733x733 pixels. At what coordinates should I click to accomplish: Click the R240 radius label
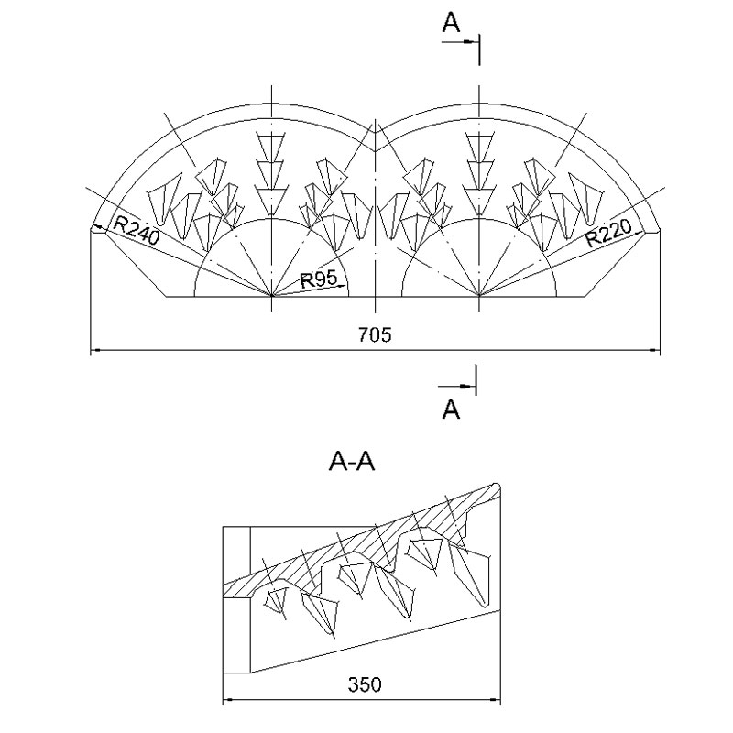(x=137, y=231)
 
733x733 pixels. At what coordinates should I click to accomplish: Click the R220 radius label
(x=608, y=233)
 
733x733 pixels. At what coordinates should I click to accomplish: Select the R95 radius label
(x=318, y=279)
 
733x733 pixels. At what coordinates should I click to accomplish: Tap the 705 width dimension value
(x=375, y=334)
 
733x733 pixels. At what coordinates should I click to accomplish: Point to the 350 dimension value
(x=365, y=684)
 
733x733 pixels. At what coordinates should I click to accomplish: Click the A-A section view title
(x=352, y=462)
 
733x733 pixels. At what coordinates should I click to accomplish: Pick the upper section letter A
(x=451, y=22)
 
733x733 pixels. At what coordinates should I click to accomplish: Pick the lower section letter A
(x=451, y=409)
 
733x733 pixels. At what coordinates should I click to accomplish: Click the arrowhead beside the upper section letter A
(x=469, y=42)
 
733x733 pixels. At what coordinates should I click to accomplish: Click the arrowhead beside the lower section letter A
(x=466, y=386)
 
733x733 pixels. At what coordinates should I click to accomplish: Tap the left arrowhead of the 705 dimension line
(x=96, y=349)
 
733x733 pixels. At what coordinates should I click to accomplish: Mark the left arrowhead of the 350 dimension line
(x=228, y=700)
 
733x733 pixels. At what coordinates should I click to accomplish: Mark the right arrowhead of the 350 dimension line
(x=495, y=700)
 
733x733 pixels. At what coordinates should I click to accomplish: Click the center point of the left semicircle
(x=272, y=296)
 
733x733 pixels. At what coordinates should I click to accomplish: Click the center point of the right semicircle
(x=479, y=296)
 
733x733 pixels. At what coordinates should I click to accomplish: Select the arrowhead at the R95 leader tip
(x=342, y=286)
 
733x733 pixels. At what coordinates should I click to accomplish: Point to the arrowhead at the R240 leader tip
(x=99, y=227)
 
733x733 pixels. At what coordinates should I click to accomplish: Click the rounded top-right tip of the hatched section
(x=498, y=487)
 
